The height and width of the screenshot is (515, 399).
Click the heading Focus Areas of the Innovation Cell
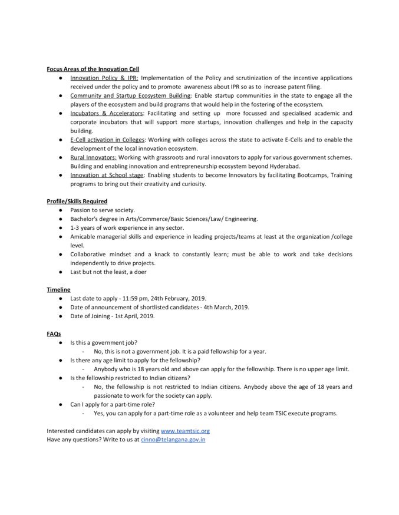[x=93, y=69]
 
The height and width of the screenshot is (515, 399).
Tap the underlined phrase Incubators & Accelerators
[x=107, y=113]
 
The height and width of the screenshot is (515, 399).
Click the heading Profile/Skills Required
[x=77, y=201]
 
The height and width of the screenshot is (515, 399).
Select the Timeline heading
[x=59, y=289]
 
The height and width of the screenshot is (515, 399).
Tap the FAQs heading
[x=54, y=333]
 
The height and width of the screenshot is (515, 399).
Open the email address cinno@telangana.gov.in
[x=173, y=439]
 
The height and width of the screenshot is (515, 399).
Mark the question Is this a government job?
[x=104, y=342]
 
